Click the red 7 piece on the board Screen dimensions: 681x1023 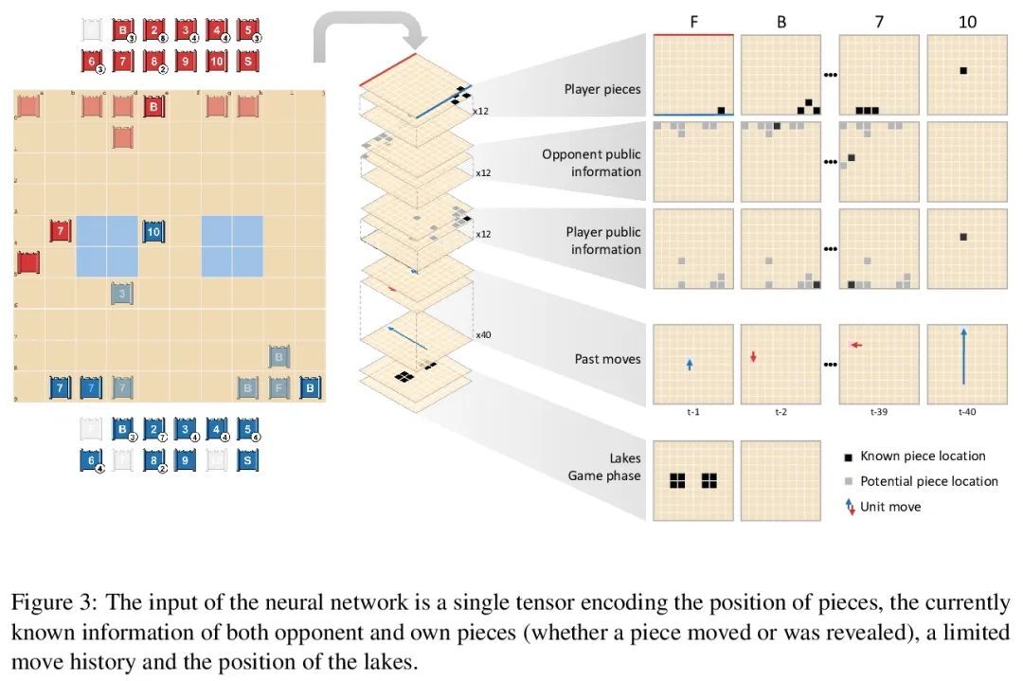point(61,230)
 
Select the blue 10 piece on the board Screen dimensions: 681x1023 point(154,230)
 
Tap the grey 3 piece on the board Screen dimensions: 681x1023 point(123,294)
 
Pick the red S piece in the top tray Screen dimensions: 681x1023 point(249,62)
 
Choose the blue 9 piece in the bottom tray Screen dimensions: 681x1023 point(187,461)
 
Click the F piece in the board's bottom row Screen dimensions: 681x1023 point(279,386)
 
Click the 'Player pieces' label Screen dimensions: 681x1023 point(602,90)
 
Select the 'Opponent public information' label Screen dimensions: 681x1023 point(591,163)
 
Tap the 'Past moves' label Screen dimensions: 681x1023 point(607,359)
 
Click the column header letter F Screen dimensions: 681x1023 point(693,20)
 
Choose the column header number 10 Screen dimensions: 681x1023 point(967,20)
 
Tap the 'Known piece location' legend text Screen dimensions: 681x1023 point(923,457)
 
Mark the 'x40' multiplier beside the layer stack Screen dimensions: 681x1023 point(482,334)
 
